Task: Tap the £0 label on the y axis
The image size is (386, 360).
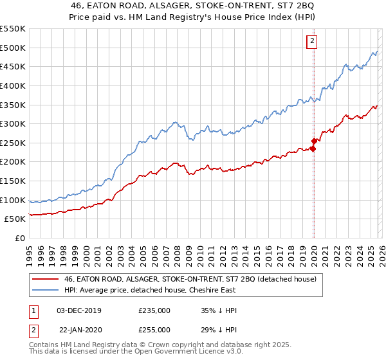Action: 21,238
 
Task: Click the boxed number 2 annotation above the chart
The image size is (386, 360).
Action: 312,42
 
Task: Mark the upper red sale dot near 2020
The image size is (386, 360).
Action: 314,141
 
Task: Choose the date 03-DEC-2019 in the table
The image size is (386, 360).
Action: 78,310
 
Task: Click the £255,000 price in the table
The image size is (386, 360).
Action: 154,329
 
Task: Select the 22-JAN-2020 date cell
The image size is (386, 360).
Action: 78,329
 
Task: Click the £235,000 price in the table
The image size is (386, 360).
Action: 154,310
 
